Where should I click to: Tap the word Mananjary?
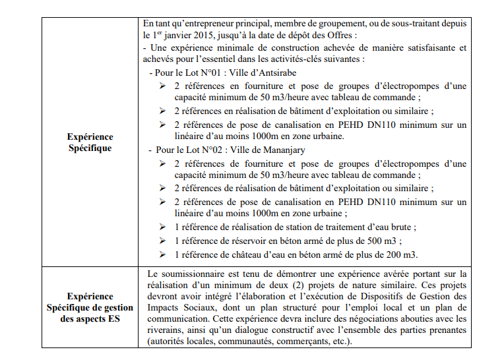(282, 150)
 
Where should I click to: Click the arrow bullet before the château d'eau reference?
(162, 255)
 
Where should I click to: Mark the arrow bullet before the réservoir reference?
(162, 241)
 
